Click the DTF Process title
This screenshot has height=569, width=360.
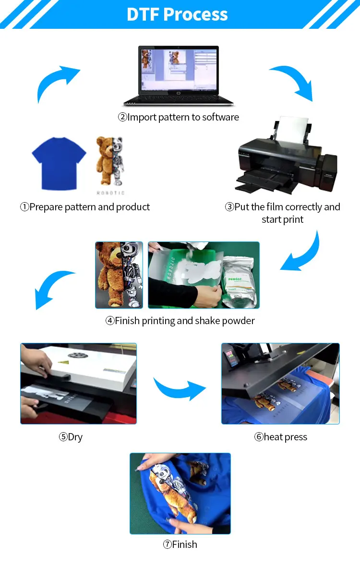click(177, 14)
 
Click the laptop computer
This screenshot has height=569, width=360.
click(178, 76)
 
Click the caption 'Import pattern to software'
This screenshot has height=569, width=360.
click(179, 117)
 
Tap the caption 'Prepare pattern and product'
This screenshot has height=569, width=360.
click(85, 207)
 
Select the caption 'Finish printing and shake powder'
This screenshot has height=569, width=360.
click(180, 321)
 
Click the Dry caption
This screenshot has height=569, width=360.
click(71, 437)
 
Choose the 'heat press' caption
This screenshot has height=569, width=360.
click(281, 437)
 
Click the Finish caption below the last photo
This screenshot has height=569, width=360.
click(180, 545)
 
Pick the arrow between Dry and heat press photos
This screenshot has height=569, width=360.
click(179, 387)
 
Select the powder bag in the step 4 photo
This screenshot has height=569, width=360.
click(240, 281)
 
